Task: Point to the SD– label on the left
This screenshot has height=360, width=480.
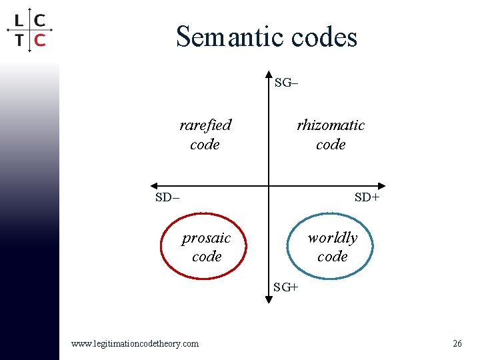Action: (167, 197)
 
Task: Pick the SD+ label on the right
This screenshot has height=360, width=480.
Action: (367, 197)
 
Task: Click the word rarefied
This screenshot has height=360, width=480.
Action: (205, 125)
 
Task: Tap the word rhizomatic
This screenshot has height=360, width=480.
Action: (331, 125)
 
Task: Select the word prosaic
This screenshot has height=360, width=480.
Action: (206, 238)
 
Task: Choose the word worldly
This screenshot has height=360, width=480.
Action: (332, 238)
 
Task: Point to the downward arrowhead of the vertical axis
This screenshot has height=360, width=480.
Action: (268, 299)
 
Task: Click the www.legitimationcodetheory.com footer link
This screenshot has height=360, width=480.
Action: (135, 343)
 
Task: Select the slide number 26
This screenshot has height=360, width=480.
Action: (457, 343)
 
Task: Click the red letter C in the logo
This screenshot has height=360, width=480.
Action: (40, 40)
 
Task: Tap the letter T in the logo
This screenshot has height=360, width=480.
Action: (19, 40)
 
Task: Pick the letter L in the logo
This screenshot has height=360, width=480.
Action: (19, 19)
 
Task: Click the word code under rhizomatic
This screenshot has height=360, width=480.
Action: (331, 144)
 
